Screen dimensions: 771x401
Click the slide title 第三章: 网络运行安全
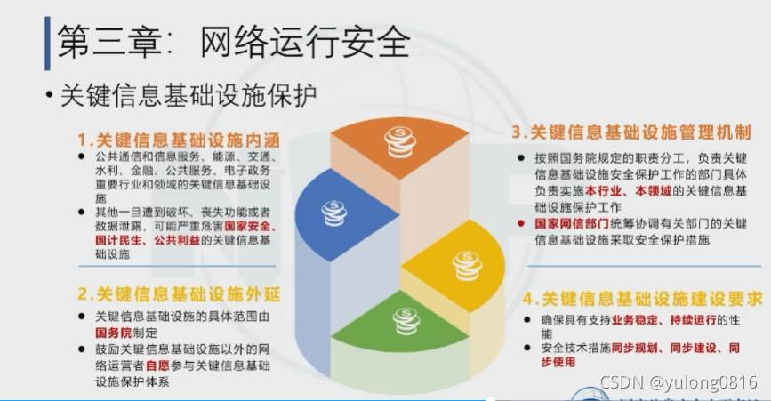pos(233,42)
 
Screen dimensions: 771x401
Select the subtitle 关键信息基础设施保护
pos(188,96)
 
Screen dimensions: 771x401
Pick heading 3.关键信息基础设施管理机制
pos(630,133)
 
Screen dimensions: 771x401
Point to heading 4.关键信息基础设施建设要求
pos(642,299)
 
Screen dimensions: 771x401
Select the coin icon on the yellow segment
pos(465,264)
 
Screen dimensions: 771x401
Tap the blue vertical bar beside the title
pos(47,42)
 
